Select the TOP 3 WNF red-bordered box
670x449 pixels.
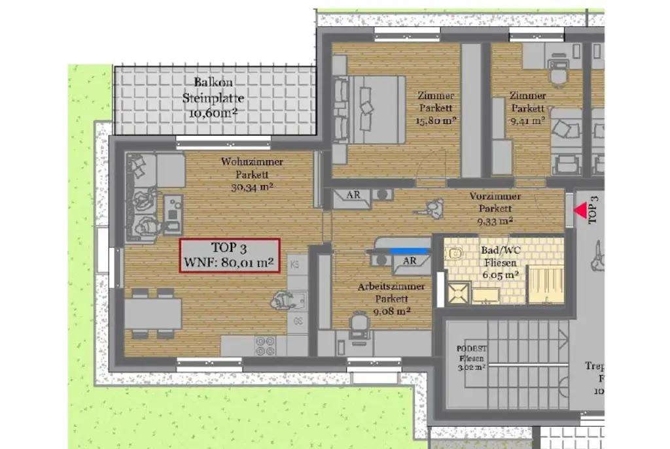tap(230, 256)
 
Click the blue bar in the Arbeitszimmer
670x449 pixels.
tap(410, 250)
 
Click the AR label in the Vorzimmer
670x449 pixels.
tap(354, 195)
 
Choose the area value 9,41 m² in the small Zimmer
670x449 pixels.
tap(527, 120)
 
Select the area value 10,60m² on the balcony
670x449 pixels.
tap(213, 112)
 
